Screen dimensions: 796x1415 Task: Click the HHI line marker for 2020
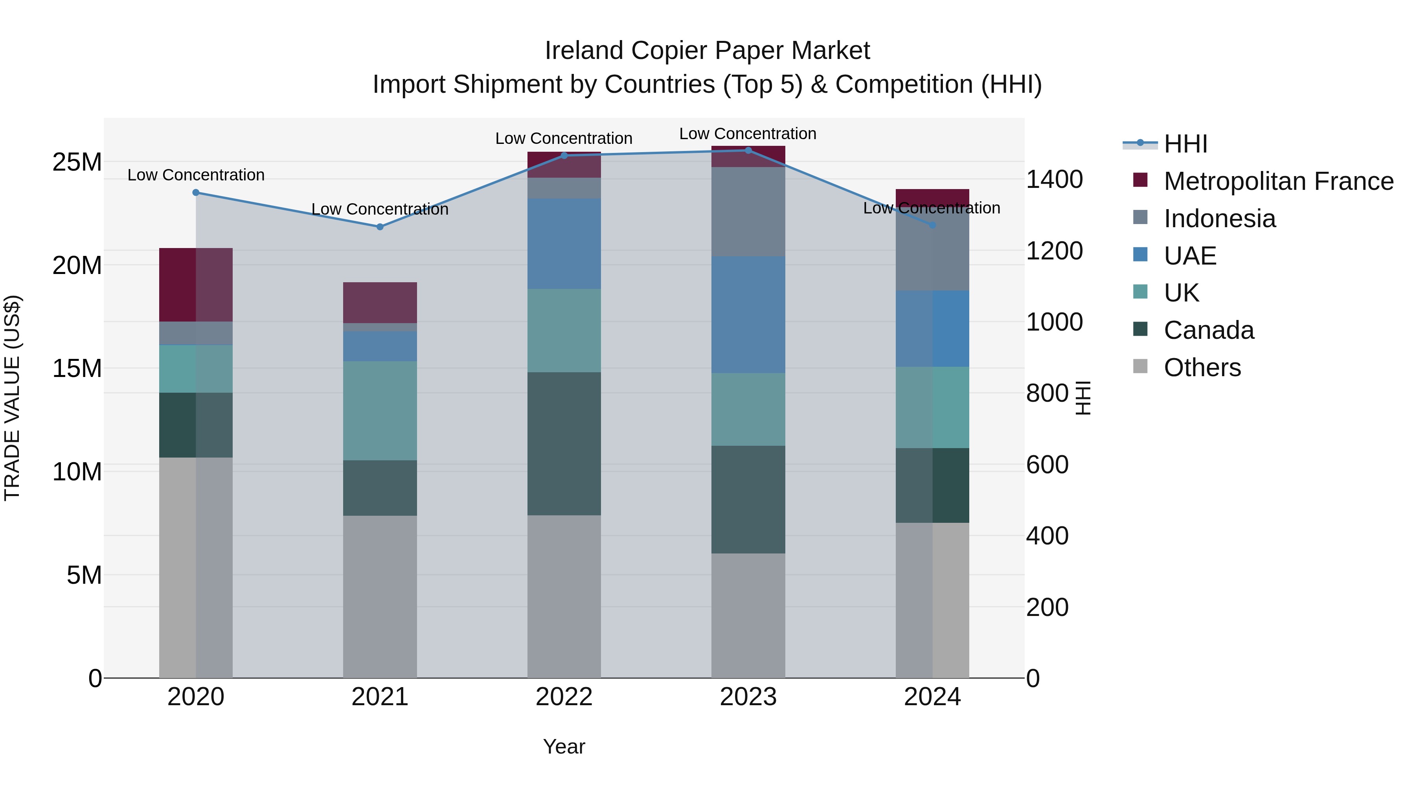pyautogui.click(x=196, y=192)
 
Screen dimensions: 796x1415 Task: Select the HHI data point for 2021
pyautogui.click(x=380, y=227)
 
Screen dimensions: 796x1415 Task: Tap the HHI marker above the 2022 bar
pyautogui.click(x=564, y=155)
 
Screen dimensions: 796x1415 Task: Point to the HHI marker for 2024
pyautogui.click(x=932, y=225)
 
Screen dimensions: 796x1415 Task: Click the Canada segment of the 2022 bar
pyautogui.click(x=564, y=443)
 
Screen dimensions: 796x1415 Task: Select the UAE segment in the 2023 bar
pyautogui.click(x=748, y=315)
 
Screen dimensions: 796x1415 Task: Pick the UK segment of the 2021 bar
pyautogui.click(x=380, y=410)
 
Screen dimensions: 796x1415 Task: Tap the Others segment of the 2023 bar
pyautogui.click(x=748, y=615)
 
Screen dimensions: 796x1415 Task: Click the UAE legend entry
pyautogui.click(x=1190, y=256)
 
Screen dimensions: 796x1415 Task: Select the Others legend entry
pyautogui.click(x=1202, y=368)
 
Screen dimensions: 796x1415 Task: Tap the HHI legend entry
pyautogui.click(x=1185, y=144)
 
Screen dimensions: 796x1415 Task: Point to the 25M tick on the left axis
pyautogui.click(x=77, y=162)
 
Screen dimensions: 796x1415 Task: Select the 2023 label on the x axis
pyautogui.click(x=748, y=697)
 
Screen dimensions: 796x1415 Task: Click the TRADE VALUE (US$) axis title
pyautogui.click(x=12, y=398)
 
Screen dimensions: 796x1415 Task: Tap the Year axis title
pyautogui.click(x=564, y=746)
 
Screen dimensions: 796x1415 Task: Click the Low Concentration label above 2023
pyautogui.click(x=748, y=134)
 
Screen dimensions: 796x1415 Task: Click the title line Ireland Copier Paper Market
pyautogui.click(x=707, y=51)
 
